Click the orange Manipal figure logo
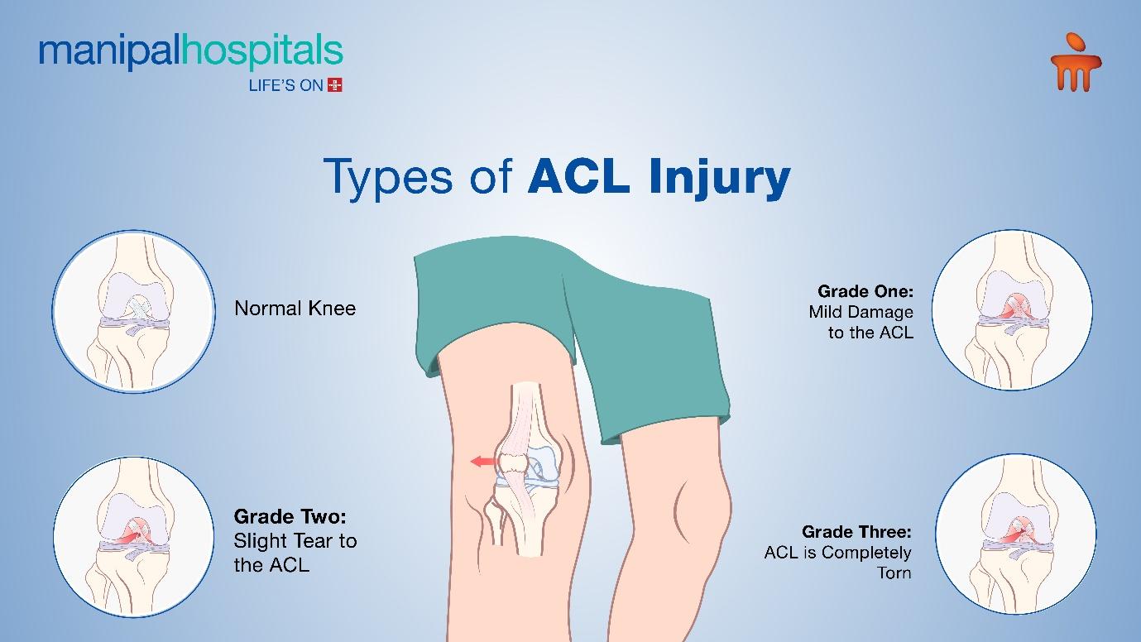(x=1076, y=62)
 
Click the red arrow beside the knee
(x=484, y=462)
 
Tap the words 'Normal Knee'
(x=295, y=309)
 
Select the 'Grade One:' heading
(x=865, y=291)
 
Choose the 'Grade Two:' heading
(x=290, y=517)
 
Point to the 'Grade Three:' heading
(x=856, y=531)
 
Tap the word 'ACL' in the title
(x=579, y=175)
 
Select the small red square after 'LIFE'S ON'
(x=334, y=85)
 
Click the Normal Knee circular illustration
(x=133, y=311)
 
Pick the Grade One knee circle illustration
(x=1012, y=310)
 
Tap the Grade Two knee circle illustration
(x=133, y=537)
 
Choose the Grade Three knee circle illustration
(x=1016, y=534)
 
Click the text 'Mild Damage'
(x=861, y=312)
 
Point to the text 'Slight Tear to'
(x=295, y=541)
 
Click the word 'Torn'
(x=894, y=573)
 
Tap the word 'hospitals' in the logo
(x=261, y=52)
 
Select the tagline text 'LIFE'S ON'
(x=285, y=85)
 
